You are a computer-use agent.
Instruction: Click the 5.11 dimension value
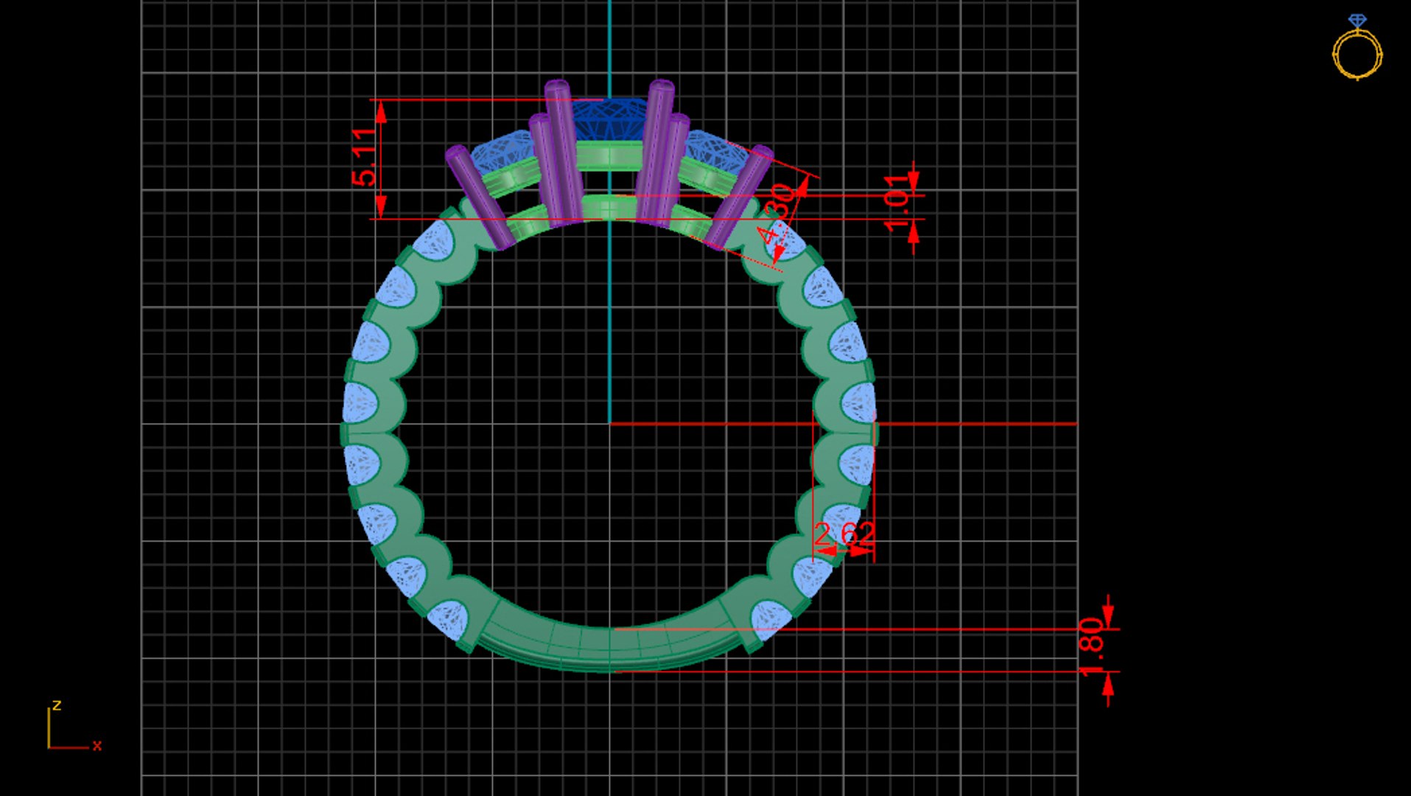click(364, 157)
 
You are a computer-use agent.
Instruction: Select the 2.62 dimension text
click(844, 534)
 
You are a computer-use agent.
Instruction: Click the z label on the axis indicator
click(57, 705)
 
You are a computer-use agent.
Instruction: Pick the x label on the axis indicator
click(97, 746)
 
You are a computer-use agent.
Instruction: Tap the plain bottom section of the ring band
click(609, 649)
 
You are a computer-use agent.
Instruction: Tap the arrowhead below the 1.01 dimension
click(914, 233)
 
